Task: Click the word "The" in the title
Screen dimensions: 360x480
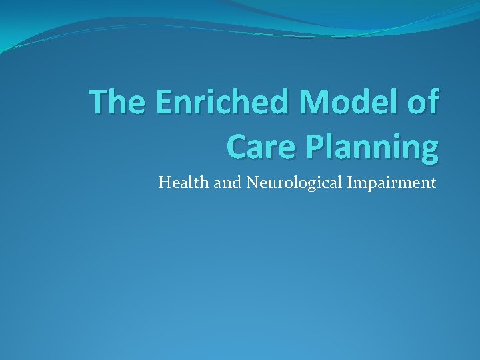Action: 116,102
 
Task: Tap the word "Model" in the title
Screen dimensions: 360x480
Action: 347,102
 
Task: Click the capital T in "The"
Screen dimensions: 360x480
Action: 99,102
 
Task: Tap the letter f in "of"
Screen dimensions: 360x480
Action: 433,101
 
